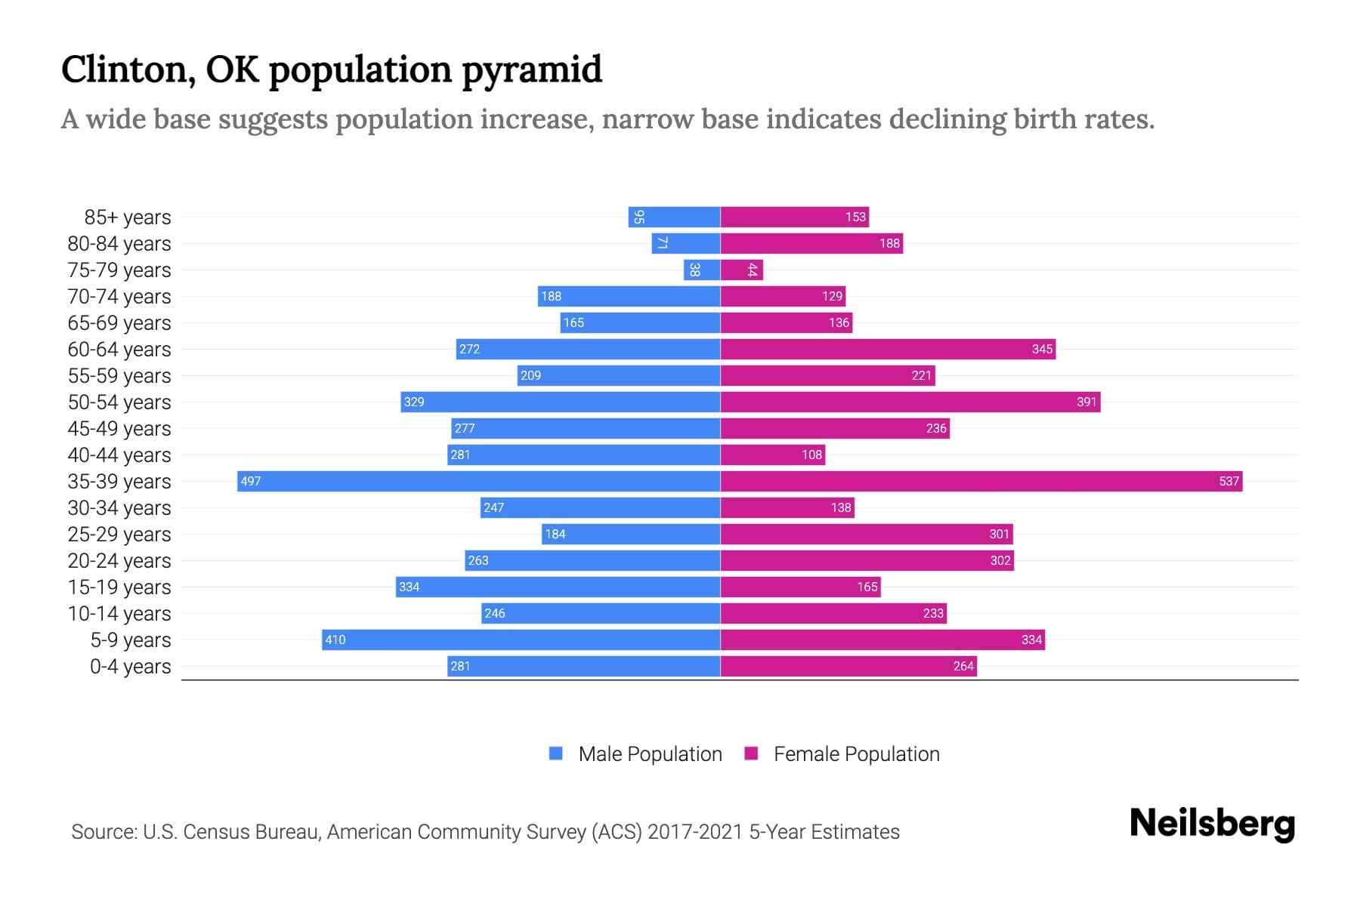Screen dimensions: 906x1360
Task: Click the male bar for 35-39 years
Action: pos(478,481)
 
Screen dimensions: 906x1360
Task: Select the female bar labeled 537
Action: pos(981,481)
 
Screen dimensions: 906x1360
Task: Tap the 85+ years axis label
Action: pos(127,217)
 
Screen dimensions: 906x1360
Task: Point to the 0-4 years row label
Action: pos(130,667)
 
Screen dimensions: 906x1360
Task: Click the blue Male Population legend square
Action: pos(556,753)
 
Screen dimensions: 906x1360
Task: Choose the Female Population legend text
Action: pos(856,754)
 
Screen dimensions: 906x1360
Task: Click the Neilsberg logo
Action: pos(1212,824)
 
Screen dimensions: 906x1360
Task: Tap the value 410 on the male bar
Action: pos(335,640)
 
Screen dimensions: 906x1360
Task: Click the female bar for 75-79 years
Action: pos(741,270)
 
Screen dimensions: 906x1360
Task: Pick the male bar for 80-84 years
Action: pos(685,243)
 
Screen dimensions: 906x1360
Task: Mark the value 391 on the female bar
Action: pos(1086,402)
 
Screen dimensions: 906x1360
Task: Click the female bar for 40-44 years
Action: pos(772,455)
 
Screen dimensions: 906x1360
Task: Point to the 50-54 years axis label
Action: pos(119,402)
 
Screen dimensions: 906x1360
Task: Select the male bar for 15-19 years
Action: pos(558,587)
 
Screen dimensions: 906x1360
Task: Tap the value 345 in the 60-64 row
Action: pos(1042,350)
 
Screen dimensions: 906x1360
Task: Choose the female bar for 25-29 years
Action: pos(866,534)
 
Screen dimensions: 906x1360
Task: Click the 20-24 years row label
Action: pos(119,561)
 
